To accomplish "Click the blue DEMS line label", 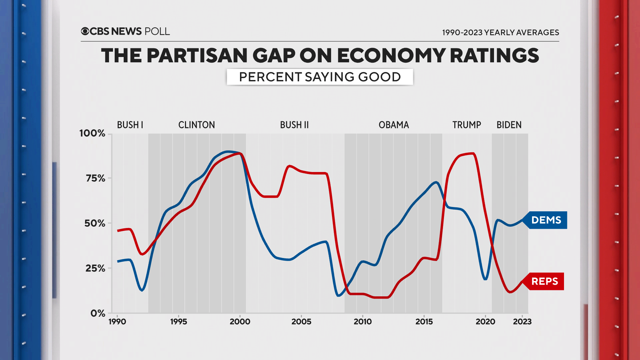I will click(x=546, y=220).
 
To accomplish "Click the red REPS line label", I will click(x=545, y=281).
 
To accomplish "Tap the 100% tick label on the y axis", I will click(x=92, y=133).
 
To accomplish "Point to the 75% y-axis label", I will click(x=95, y=178).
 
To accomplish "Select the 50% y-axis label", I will click(x=95, y=223).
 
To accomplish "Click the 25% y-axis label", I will click(x=95, y=268).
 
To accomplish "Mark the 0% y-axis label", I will click(x=98, y=313).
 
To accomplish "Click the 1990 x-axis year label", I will click(x=117, y=322).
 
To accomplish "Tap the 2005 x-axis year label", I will click(x=301, y=322).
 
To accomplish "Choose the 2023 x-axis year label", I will click(x=522, y=322).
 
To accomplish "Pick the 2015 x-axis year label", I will click(x=424, y=322).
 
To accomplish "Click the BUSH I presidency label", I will click(x=130, y=125).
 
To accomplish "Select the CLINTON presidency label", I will click(x=197, y=125).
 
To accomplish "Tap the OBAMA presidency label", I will click(x=394, y=125).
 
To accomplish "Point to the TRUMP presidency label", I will click(x=467, y=125).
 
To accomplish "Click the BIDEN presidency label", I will click(x=509, y=125).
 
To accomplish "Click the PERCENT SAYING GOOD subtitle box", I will click(x=320, y=77).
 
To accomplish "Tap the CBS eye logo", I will click(x=85, y=31).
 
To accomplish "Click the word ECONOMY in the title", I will click(x=391, y=56).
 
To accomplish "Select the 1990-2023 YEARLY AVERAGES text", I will click(x=500, y=33).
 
